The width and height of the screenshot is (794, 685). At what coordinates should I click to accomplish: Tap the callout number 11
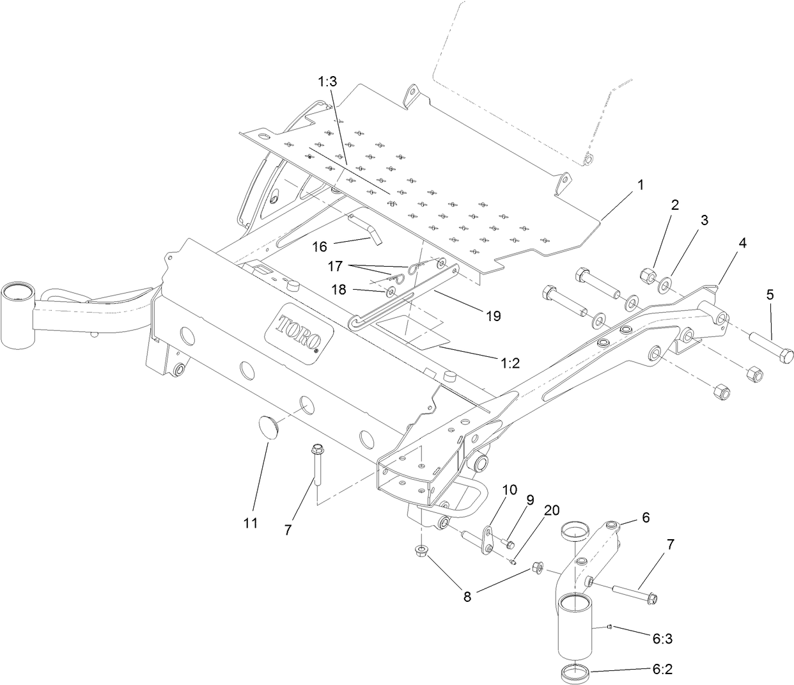pyautogui.click(x=251, y=523)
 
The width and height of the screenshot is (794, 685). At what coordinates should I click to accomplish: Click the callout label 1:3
pyautogui.click(x=327, y=82)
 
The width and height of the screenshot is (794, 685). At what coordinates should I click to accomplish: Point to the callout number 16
pyautogui.click(x=320, y=246)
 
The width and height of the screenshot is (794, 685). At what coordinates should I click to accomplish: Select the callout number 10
pyautogui.click(x=509, y=489)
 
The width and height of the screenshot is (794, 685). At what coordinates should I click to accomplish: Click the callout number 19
pyautogui.click(x=492, y=315)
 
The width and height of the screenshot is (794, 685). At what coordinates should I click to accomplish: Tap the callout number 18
pyautogui.click(x=338, y=289)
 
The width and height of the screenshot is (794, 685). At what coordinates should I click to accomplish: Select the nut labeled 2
pyautogui.click(x=648, y=276)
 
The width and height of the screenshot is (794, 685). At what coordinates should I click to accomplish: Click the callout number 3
pyautogui.click(x=704, y=221)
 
